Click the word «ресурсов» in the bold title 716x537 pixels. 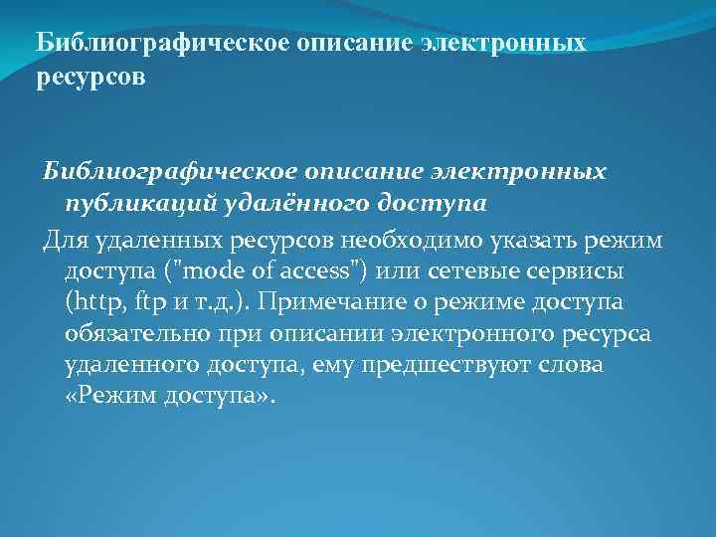90,78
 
